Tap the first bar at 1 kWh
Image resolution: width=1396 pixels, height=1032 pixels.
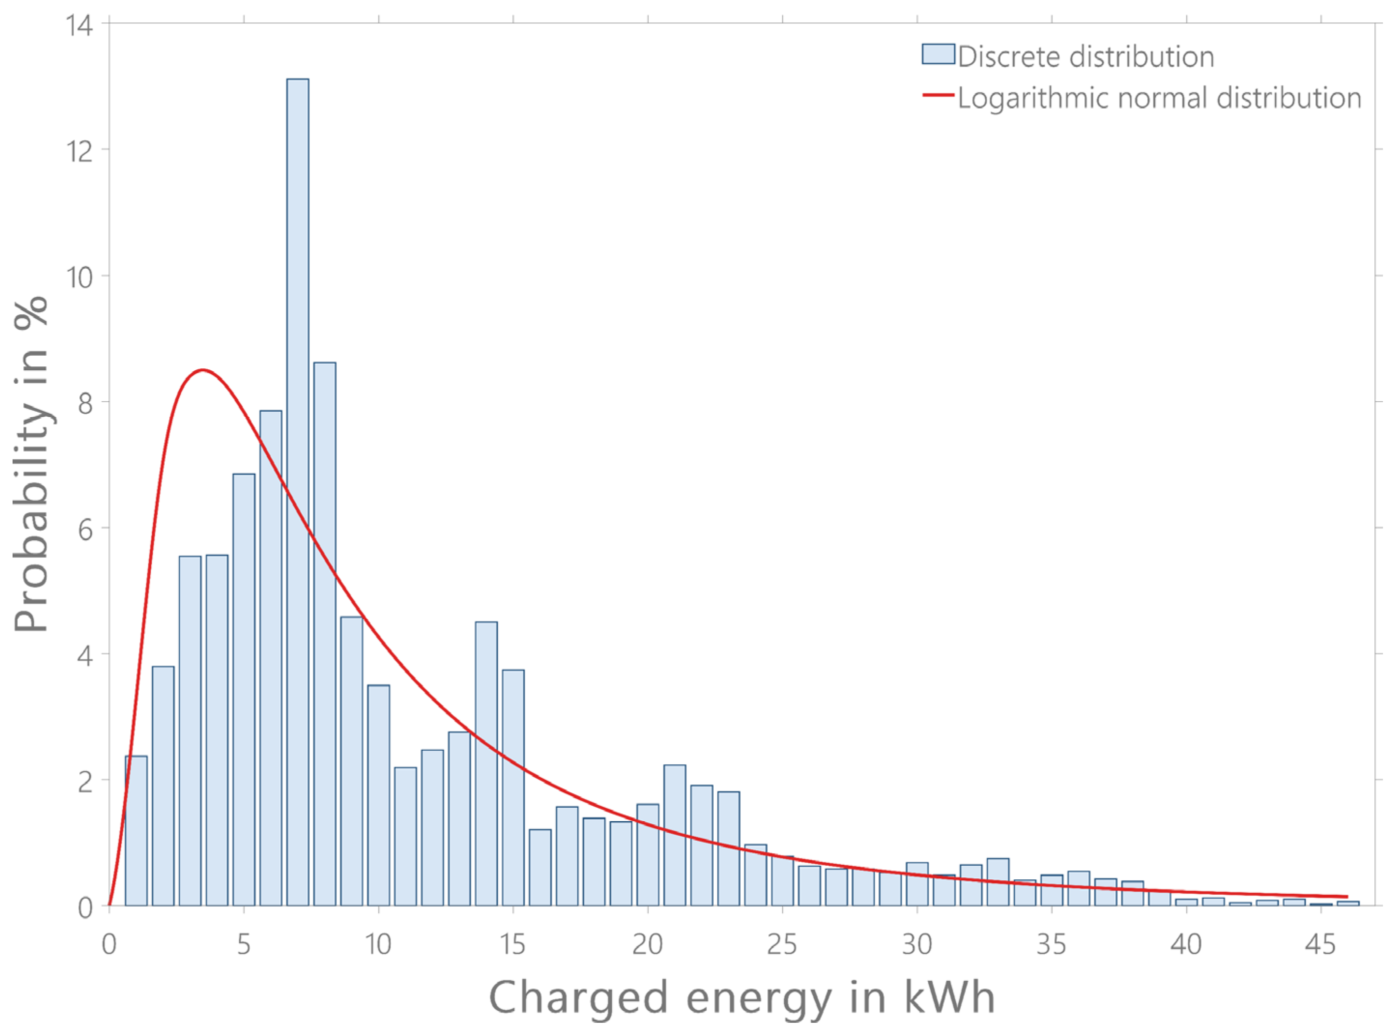[136, 831]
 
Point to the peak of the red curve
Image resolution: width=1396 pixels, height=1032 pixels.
[203, 370]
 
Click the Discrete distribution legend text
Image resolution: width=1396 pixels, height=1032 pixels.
[1086, 57]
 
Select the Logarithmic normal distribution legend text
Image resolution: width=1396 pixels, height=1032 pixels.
[1159, 98]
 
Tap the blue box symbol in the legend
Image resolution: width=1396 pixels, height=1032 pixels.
[938, 54]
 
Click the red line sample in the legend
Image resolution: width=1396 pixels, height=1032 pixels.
[938, 95]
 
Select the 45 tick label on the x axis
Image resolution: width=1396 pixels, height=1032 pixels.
[1321, 944]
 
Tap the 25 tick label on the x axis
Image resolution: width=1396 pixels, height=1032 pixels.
[782, 944]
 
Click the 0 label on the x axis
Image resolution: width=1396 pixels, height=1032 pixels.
[109, 944]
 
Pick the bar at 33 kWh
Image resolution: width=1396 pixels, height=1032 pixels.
[998, 882]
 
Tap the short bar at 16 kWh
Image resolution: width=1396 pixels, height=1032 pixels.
[540, 868]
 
